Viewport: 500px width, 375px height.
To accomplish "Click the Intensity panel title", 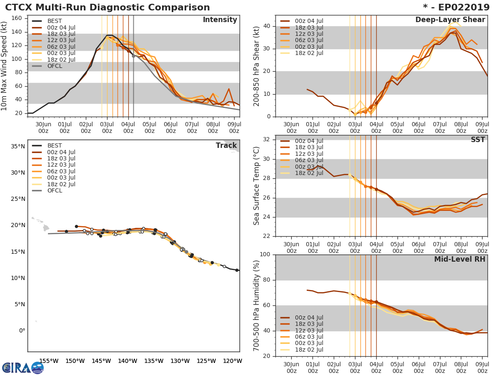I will (220, 20).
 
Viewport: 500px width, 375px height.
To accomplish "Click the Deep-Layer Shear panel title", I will (450, 20).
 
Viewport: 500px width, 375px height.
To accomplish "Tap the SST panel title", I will (478, 140).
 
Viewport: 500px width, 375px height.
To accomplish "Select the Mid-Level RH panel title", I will (459, 259).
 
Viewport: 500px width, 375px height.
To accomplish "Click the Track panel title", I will (226, 145).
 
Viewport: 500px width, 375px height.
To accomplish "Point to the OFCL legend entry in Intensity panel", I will (55, 66).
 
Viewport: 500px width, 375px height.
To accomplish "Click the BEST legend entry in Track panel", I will (55, 145).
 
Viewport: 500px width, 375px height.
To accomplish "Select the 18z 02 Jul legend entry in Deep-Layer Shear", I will (308, 53).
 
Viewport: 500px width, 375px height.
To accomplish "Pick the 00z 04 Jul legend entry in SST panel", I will (308, 141).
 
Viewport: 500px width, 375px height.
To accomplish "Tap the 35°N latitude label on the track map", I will (17, 146).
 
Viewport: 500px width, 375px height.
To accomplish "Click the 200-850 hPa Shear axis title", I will (257, 66).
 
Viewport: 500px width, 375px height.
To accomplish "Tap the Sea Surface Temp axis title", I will (257, 186).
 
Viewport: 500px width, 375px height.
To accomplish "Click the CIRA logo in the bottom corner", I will (22, 367).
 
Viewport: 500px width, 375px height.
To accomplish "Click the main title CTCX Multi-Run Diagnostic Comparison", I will (107, 7).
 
